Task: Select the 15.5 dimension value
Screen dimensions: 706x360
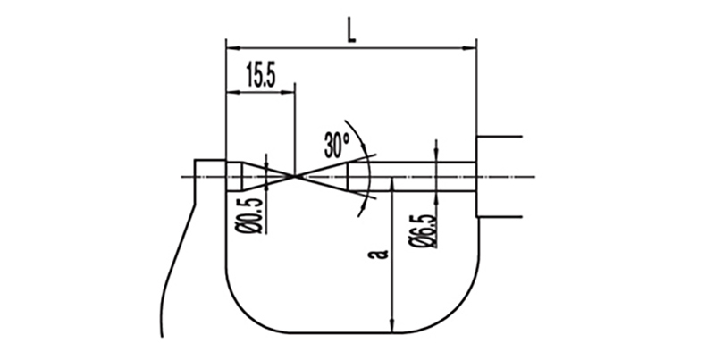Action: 261,76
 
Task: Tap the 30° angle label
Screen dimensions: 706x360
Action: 336,145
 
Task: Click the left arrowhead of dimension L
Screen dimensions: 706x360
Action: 232,46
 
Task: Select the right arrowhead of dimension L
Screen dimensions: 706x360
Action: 469,46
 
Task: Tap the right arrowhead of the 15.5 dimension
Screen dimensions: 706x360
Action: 288,92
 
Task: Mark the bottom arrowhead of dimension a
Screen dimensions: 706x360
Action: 392,326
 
